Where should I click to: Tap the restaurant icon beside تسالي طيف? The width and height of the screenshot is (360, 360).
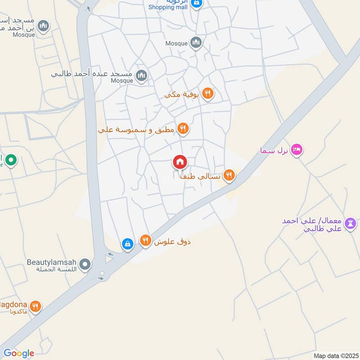click(229, 175)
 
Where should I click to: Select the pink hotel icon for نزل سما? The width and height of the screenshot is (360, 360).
click(296, 149)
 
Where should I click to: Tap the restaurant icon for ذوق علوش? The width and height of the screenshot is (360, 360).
click(145, 241)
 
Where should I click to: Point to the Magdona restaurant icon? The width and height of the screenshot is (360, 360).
click(35, 307)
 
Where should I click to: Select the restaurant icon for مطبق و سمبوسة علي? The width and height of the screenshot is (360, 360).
click(182, 130)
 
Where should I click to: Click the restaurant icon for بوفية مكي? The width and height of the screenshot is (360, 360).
click(207, 94)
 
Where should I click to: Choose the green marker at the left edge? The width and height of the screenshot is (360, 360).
click(11, 160)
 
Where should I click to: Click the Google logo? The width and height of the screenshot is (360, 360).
click(18, 353)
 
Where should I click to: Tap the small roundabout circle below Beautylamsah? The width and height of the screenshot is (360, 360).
click(102, 273)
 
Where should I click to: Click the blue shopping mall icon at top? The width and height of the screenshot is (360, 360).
click(196, 4)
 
